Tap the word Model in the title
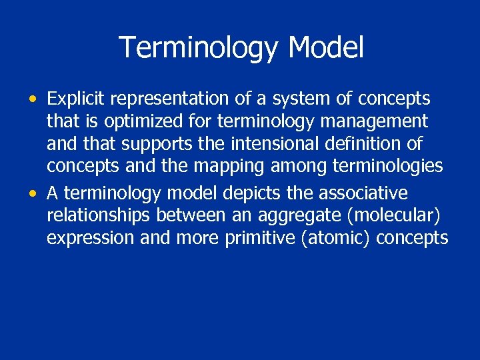[x=326, y=48]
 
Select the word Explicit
[x=76, y=99]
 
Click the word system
[x=293, y=99]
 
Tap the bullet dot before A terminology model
[x=33, y=194]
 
